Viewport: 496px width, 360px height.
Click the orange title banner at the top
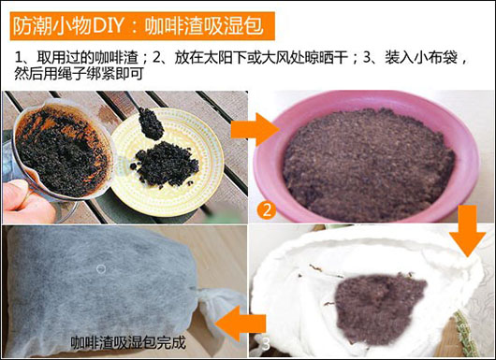tap(142, 26)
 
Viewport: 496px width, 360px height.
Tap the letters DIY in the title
tap(108, 26)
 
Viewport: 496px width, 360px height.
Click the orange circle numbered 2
tap(267, 209)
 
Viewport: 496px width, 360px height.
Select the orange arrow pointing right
tap(255, 129)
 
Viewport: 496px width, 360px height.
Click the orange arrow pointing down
tap(467, 231)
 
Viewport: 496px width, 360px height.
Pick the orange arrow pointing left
tap(241, 324)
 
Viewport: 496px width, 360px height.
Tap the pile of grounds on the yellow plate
tap(165, 165)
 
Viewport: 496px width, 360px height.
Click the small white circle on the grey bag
tap(101, 269)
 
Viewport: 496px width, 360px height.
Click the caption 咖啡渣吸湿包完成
tap(128, 342)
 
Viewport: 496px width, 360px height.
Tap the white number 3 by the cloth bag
tap(266, 344)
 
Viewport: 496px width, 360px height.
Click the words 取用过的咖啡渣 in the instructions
tap(88, 58)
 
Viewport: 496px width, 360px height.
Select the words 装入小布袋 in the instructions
tap(421, 58)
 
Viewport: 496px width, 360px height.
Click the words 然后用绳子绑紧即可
tap(80, 74)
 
